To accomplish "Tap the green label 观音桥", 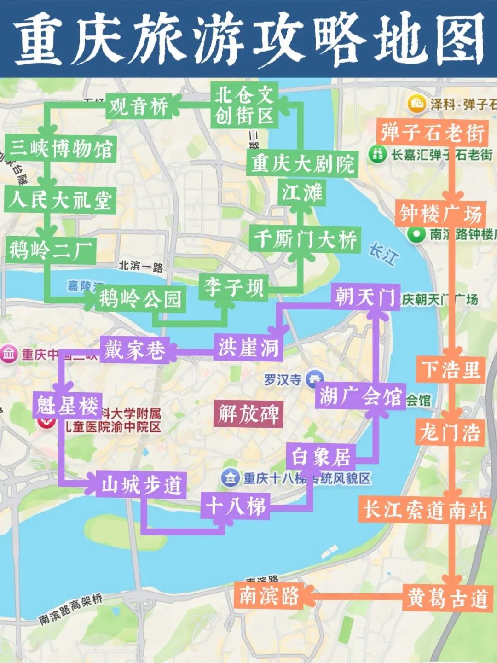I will pyautogui.click(x=139, y=107).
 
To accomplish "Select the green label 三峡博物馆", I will pyautogui.click(x=61, y=149).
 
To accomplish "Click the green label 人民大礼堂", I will pyautogui.click(x=60, y=200).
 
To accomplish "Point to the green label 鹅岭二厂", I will pyautogui.click(x=51, y=250).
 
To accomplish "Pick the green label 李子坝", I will pyautogui.click(x=234, y=287).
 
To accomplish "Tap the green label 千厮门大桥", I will pyautogui.click(x=305, y=239).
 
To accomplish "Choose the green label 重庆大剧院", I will pyautogui.click(x=302, y=163).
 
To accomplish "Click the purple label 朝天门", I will pyautogui.click(x=365, y=297).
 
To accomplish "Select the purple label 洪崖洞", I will pyautogui.click(x=248, y=347).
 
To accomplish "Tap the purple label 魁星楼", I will pyautogui.click(x=67, y=406).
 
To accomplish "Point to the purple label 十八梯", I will pyautogui.click(x=235, y=506).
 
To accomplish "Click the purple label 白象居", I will pyautogui.click(x=321, y=457).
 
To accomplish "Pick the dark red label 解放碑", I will pyautogui.click(x=248, y=413).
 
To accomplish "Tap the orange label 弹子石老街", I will pyautogui.click(x=432, y=133).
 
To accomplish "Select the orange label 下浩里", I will pyautogui.click(x=451, y=369).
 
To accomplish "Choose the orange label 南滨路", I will pyautogui.click(x=269, y=595).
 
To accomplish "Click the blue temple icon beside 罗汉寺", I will pyautogui.click(x=314, y=378).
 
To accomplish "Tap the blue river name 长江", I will pyautogui.click(x=383, y=254).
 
